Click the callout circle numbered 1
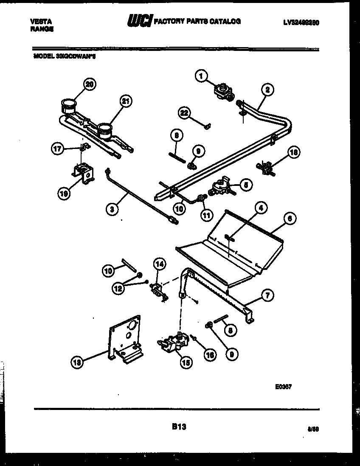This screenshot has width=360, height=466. click(201, 76)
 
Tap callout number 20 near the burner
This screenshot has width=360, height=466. click(88, 84)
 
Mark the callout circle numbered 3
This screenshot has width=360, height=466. click(112, 209)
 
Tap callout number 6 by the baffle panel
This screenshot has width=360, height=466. click(289, 219)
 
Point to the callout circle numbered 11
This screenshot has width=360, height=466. click(206, 216)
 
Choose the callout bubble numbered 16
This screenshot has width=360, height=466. click(209, 354)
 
